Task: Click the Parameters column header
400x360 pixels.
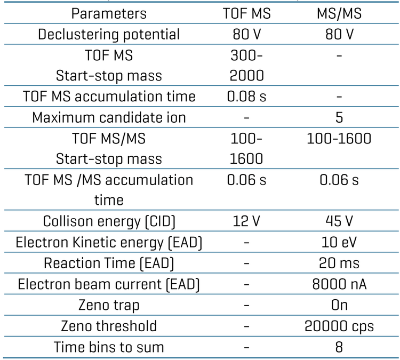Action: [109, 13]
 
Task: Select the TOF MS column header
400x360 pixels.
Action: [246, 13]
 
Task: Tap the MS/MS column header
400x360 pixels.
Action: [339, 13]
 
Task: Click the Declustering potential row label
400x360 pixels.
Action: [109, 34]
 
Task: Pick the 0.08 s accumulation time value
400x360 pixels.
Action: [246, 97]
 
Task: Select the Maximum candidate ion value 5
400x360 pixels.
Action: [339, 117]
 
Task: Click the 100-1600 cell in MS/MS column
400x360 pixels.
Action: [339, 138]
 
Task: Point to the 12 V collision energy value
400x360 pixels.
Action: [246, 221]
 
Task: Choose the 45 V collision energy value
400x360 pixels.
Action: [339, 221]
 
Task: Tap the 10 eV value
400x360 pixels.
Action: [339, 242]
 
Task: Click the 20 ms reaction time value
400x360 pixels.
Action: [339, 263]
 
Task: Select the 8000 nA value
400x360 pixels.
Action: [339, 284]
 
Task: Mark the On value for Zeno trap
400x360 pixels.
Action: [339, 305]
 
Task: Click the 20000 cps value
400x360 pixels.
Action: [339, 325]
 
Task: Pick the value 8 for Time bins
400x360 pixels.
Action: [339, 346]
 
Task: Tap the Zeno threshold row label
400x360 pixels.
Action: [109, 325]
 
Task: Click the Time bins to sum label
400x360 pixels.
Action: [109, 346]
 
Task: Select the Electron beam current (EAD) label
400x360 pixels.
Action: [109, 284]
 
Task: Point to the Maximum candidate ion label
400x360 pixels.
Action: [109, 117]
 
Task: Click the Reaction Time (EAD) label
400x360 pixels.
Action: [109, 263]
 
